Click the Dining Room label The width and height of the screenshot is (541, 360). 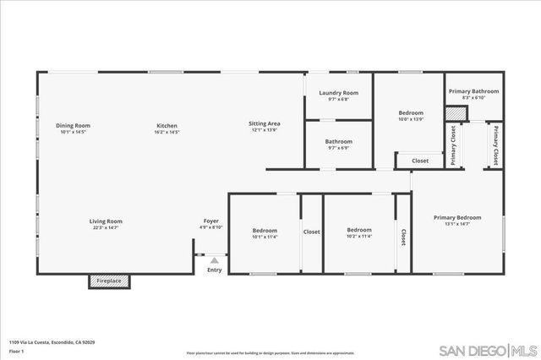tap(74, 125)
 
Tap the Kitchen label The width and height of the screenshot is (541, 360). tap(167, 125)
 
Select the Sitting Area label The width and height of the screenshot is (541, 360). tap(265, 124)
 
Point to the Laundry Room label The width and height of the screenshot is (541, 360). tap(338, 93)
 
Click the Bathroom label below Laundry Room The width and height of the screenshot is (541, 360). tap(338, 141)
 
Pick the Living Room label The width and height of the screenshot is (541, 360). tap(107, 221)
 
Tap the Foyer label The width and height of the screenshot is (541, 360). tap(211, 221)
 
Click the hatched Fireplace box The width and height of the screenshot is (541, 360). tap(110, 281)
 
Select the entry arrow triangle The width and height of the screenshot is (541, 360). tap(215, 260)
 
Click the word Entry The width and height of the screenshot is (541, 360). tap(215, 270)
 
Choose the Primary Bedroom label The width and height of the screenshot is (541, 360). tap(457, 217)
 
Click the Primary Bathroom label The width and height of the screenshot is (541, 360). tap(473, 91)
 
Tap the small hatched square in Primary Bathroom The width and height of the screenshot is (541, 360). tap(457, 110)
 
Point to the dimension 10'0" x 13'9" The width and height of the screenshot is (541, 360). tap(411, 119)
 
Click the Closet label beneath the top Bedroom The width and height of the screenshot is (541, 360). tap(420, 161)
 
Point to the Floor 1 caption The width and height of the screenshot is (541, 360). tap(16, 350)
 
